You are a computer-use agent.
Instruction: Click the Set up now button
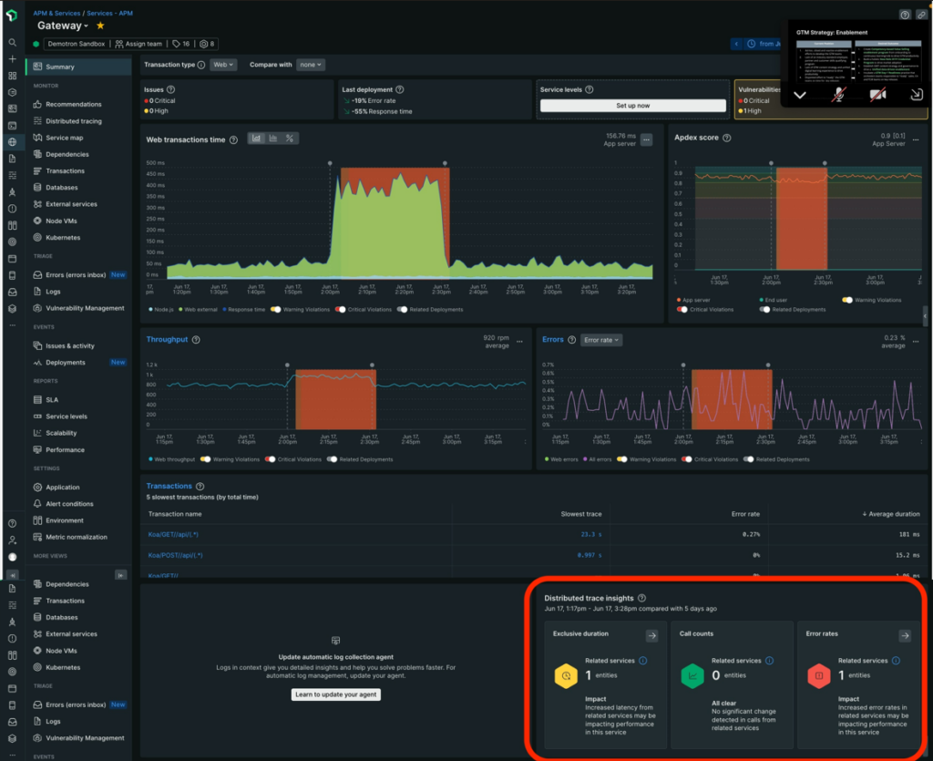tap(632, 106)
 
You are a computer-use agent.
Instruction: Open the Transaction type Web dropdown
tap(223, 65)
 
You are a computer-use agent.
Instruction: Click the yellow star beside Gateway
tap(101, 26)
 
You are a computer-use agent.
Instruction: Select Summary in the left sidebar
tap(60, 67)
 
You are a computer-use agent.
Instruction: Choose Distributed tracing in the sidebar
tap(74, 121)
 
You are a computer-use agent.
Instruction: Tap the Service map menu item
tap(65, 138)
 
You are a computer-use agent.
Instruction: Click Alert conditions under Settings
tap(69, 504)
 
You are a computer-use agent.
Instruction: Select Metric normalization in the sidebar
tap(77, 537)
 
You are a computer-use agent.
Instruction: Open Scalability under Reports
tap(61, 433)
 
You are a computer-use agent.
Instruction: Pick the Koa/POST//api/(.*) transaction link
tap(176, 555)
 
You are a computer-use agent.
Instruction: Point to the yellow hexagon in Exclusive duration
tap(566, 675)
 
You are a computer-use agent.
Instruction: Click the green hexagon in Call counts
tap(692, 675)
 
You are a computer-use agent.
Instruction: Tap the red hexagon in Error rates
tap(818, 675)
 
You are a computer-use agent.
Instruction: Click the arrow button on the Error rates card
tap(904, 636)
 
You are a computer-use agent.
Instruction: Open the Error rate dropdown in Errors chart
tap(601, 340)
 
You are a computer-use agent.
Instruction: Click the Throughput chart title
tap(167, 339)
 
